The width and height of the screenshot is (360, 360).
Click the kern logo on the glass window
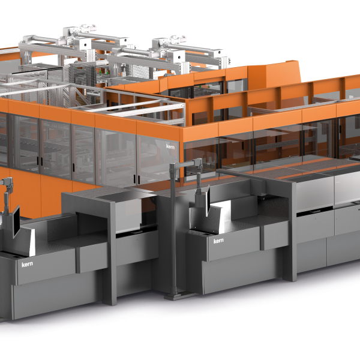click(170, 146)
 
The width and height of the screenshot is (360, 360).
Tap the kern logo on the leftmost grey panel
click(27, 264)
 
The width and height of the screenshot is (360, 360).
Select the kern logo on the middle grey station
click(218, 241)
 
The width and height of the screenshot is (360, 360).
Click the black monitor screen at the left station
click(16, 221)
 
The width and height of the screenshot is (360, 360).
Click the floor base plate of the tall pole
click(176, 296)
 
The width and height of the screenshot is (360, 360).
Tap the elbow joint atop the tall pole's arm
click(197, 163)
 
